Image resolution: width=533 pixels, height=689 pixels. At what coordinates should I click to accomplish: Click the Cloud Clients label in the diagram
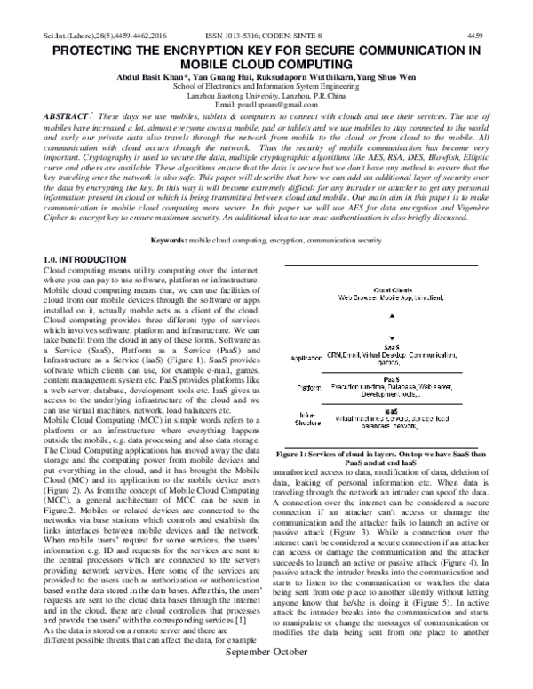(391, 289)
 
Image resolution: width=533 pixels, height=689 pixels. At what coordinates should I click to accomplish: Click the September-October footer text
(266, 678)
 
